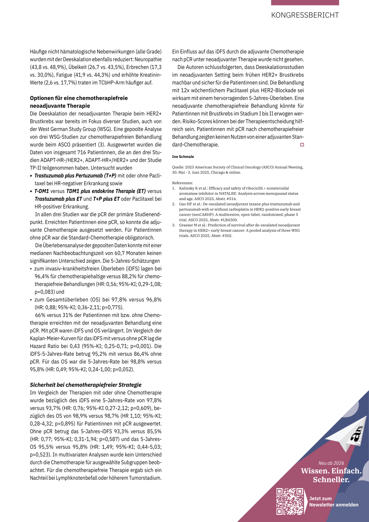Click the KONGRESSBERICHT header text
click(x=305, y=15)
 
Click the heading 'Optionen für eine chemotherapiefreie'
click(x=79, y=98)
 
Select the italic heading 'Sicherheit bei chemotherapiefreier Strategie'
click(x=85, y=385)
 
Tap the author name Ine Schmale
click(x=183, y=157)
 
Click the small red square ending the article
click(x=302, y=145)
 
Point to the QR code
click(x=290, y=501)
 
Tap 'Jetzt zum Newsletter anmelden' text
click(x=333, y=502)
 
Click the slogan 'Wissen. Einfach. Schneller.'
click(x=331, y=475)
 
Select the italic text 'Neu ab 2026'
click(x=331, y=463)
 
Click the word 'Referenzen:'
click(x=182, y=183)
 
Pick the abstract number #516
click(x=231, y=199)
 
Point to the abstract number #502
click(x=227, y=236)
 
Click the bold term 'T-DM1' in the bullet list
click(x=42, y=191)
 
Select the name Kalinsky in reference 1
click(x=187, y=188)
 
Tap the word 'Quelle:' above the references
click(x=178, y=167)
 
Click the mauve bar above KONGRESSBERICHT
click(x=305, y=3)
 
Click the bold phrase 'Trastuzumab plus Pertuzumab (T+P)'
click(x=75, y=176)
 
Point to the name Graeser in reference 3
click(x=186, y=225)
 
